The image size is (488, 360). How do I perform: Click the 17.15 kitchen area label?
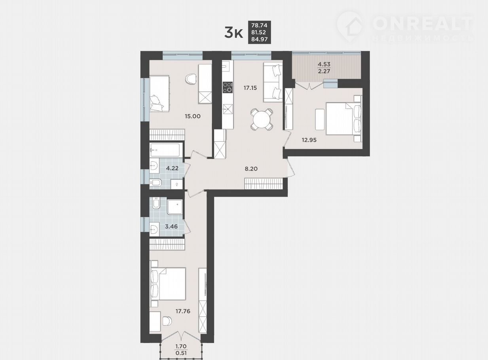tap(250, 88)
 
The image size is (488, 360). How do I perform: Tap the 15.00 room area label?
tap(192, 116)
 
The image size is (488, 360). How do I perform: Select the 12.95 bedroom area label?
tap(309, 140)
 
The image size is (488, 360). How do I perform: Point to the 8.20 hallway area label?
tap(251, 169)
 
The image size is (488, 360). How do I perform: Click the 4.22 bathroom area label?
tap(172, 169)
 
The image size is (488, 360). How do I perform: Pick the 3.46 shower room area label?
tap(171, 226)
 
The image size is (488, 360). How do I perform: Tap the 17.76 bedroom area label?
tap(183, 311)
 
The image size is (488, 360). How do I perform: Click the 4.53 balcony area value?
tap(324, 64)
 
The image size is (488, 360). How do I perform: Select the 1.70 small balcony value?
tap(180, 347)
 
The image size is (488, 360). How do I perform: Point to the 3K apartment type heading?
tap(234, 33)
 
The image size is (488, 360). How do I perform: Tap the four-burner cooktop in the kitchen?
tap(228, 87)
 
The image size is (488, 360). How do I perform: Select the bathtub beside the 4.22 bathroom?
tap(166, 150)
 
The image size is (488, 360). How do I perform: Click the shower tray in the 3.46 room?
tap(175, 207)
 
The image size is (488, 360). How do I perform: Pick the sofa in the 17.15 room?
tap(273, 82)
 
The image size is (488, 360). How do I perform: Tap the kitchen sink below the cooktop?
tap(228, 109)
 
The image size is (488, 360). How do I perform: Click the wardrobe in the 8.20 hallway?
tap(264, 184)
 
